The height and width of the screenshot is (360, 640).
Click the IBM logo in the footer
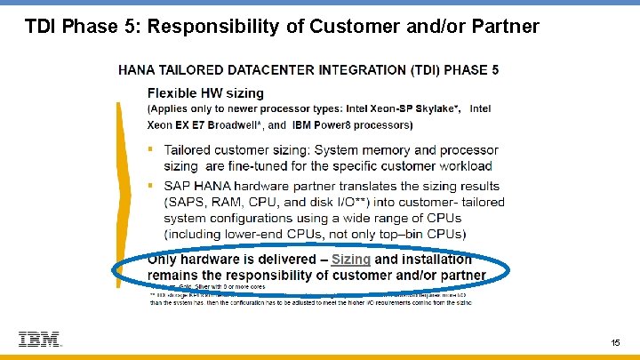[39, 339]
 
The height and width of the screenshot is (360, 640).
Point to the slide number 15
[615, 342]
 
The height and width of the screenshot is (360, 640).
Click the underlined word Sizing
[350, 260]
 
